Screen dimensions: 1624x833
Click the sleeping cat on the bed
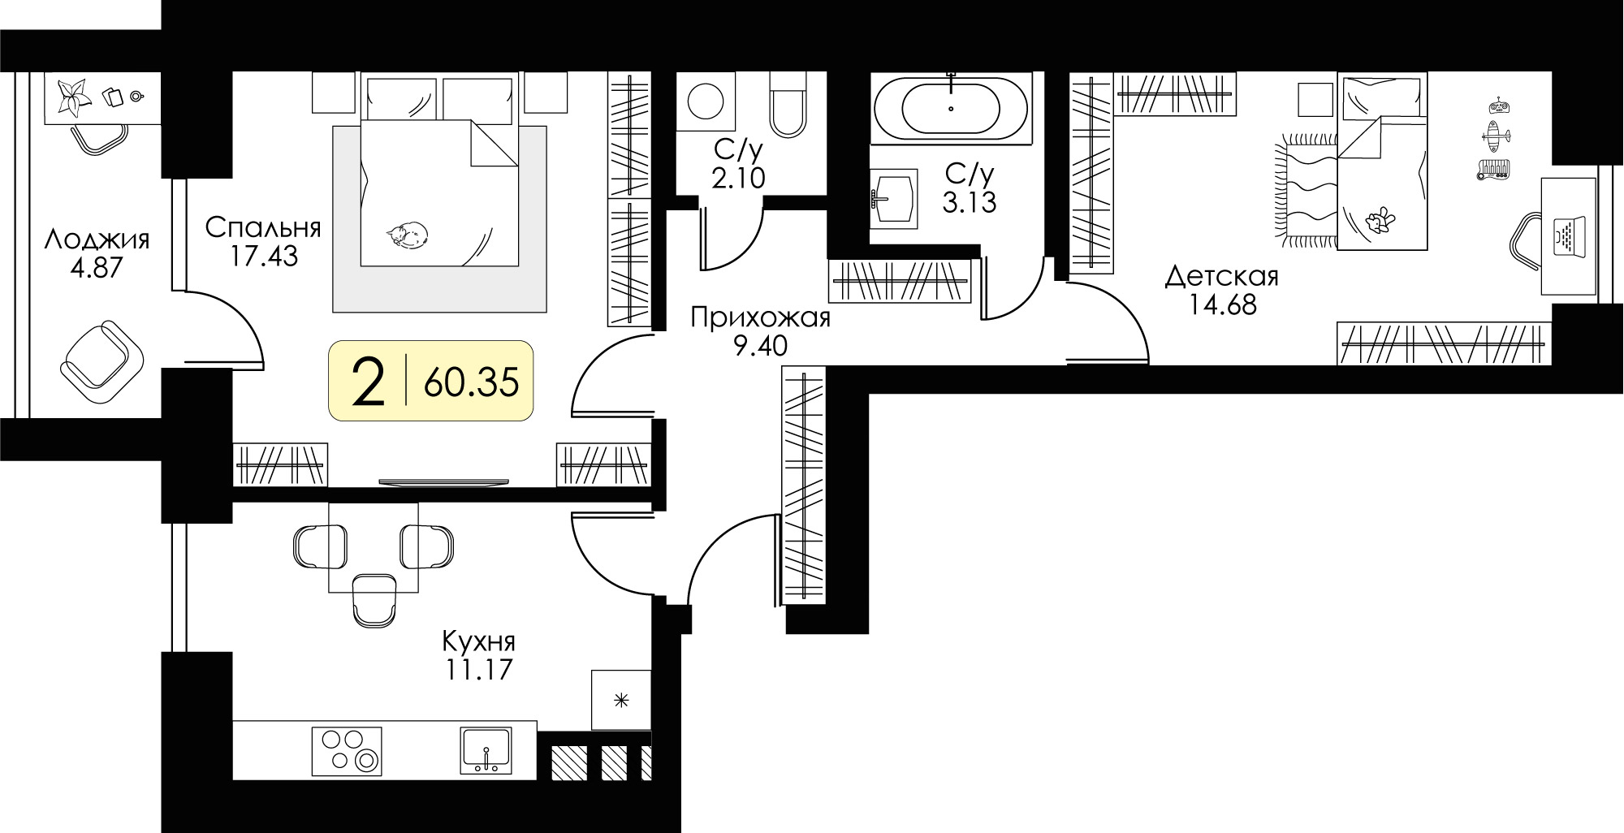click(x=408, y=234)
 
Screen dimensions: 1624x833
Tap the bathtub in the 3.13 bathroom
click(x=951, y=109)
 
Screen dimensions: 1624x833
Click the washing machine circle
click(x=706, y=102)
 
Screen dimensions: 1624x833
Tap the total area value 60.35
click(x=471, y=382)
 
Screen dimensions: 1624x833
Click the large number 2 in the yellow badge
click(x=369, y=382)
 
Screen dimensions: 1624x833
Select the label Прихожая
click(x=760, y=317)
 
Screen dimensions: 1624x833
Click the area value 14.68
click(x=1222, y=305)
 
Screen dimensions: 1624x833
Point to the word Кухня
click(x=478, y=641)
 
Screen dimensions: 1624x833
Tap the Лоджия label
click(x=97, y=240)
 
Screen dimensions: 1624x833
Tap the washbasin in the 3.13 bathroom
click(x=893, y=196)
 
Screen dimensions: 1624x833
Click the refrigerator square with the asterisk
click(x=621, y=700)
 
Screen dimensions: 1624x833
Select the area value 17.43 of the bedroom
click(x=263, y=257)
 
